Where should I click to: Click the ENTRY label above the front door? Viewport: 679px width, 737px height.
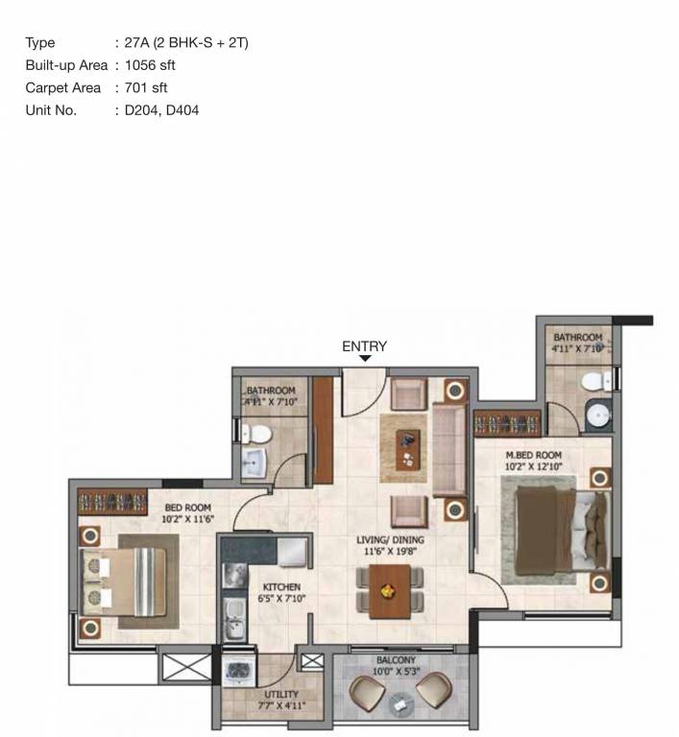tap(364, 346)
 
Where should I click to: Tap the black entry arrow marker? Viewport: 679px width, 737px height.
tap(365, 359)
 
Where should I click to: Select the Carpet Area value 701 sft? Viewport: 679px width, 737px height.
tap(146, 88)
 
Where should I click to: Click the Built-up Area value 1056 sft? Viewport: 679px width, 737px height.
tap(150, 65)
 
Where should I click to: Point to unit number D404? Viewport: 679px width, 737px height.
tap(182, 110)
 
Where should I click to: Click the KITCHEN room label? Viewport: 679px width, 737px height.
tap(281, 587)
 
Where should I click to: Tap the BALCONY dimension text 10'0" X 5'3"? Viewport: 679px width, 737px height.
tap(397, 671)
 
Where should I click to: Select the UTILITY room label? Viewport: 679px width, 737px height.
tap(281, 694)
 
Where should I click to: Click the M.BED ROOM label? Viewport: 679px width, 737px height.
tap(534, 455)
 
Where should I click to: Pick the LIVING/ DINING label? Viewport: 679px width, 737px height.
tap(390, 540)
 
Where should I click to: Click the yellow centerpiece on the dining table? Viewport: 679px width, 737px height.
tap(387, 591)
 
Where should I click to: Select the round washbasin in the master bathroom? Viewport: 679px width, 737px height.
tap(598, 415)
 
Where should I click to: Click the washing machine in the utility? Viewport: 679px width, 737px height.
tap(238, 671)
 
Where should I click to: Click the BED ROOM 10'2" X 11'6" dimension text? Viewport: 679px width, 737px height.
tap(187, 519)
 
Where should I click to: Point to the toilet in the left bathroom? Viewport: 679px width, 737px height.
tap(256, 434)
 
